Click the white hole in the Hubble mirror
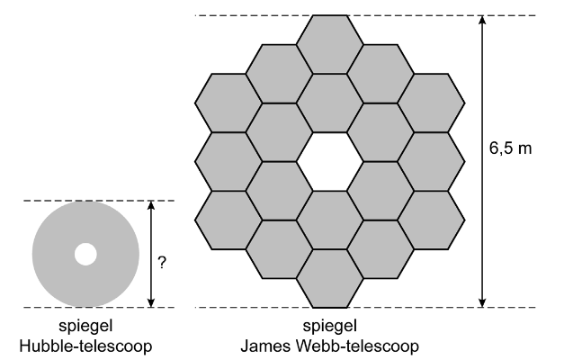click(x=85, y=254)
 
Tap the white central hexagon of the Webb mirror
click(x=330, y=162)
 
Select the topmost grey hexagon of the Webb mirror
click(x=330, y=45)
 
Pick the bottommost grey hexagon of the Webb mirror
click(x=330, y=279)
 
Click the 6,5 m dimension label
click(x=510, y=148)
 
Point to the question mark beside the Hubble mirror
click(x=162, y=263)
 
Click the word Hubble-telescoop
click(x=85, y=346)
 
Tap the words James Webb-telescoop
click(x=330, y=346)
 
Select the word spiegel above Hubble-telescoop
click(x=85, y=326)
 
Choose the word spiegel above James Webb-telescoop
click(x=330, y=326)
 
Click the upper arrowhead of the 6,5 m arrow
click(x=482, y=20)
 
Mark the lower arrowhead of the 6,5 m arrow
click(x=482, y=302)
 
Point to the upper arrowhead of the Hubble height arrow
click(x=151, y=205)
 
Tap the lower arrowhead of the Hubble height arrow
click(x=151, y=302)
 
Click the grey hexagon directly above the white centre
click(x=330, y=103)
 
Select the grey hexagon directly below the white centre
click(x=330, y=220)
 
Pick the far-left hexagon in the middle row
click(x=228, y=162)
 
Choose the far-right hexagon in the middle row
click(x=431, y=162)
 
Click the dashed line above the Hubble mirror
click(x=99, y=201)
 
